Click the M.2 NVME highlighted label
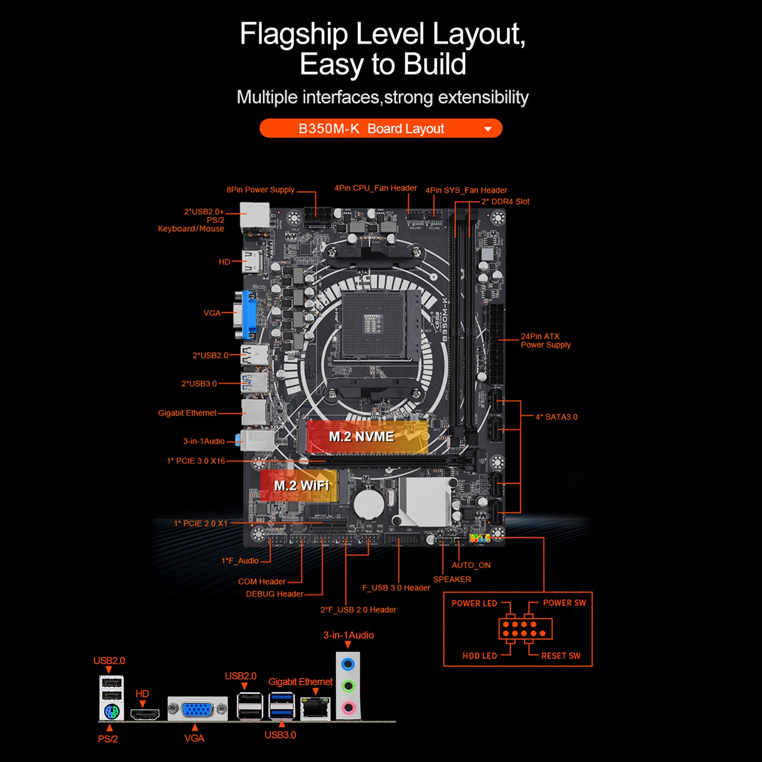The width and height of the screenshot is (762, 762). (362, 437)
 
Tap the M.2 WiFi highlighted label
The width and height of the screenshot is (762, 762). (301, 486)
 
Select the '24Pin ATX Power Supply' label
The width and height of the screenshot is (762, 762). (545, 341)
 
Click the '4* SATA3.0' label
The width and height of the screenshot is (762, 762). (556, 417)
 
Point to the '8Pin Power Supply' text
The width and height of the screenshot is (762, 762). (261, 190)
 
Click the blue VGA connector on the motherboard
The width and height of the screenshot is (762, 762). (249, 313)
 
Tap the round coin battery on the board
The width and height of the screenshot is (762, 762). (368, 501)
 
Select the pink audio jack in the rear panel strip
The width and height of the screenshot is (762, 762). (349, 707)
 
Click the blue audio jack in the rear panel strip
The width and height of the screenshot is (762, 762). (349, 664)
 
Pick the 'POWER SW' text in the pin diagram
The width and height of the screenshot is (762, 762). (564, 603)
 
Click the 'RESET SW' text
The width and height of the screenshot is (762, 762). (561, 656)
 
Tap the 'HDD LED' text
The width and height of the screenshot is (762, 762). (480, 656)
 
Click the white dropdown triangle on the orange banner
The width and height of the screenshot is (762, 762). (488, 129)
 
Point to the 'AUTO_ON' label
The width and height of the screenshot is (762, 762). (471, 565)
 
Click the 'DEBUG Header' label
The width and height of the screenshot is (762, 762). (274, 594)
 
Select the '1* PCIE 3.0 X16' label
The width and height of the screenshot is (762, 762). (196, 461)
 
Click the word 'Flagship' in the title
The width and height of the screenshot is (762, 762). (294, 34)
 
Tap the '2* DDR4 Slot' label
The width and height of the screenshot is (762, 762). (505, 201)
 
